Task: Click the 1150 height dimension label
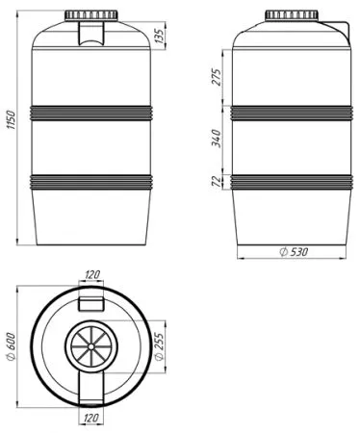tap(11, 120)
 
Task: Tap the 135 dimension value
tap(159, 35)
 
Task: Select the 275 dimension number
tap(218, 77)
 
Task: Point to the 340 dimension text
tap(218, 139)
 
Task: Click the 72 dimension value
tap(218, 182)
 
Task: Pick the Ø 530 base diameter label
tap(294, 252)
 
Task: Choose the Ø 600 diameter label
tap(11, 346)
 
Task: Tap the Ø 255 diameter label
tap(159, 346)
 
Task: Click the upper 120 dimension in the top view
tap(91, 275)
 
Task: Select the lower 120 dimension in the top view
tap(91, 419)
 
